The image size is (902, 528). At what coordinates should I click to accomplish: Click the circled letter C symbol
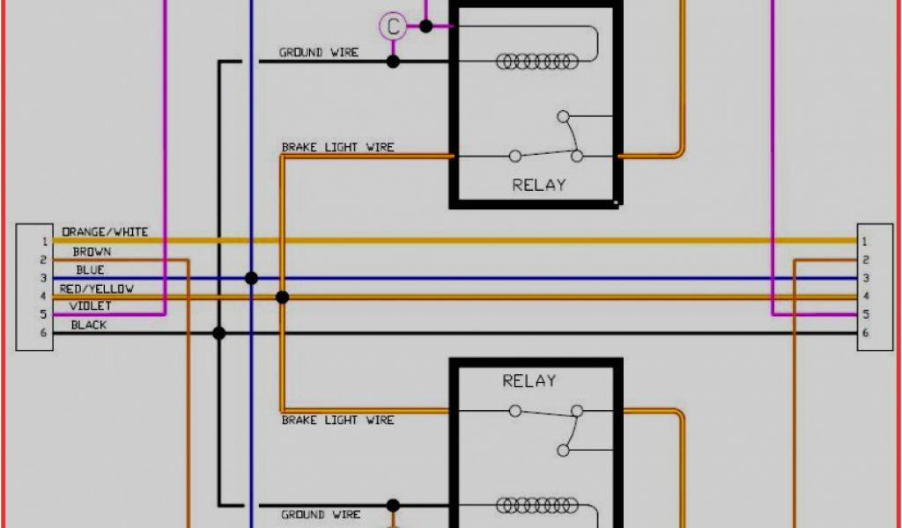[x=393, y=26]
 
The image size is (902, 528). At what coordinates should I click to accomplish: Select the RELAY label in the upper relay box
[x=538, y=185]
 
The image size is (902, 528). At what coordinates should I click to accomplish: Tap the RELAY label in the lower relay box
[x=529, y=381]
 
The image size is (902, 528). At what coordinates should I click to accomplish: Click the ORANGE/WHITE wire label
[x=105, y=232]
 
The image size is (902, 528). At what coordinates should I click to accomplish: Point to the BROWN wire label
[x=92, y=253]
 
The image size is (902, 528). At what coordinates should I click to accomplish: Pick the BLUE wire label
[x=90, y=270]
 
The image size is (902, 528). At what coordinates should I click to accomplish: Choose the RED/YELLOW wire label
[x=97, y=289]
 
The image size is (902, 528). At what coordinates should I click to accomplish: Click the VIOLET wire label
[x=90, y=306]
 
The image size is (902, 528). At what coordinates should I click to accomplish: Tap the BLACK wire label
[x=88, y=325]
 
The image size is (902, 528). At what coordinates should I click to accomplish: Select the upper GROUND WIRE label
[x=319, y=53]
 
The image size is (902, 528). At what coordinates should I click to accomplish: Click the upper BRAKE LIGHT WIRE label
[x=337, y=147]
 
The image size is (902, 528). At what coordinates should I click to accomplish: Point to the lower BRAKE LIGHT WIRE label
[x=337, y=421]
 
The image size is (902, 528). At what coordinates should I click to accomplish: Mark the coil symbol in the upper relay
[x=537, y=62]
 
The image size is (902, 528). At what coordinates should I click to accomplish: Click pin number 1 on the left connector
[x=42, y=241]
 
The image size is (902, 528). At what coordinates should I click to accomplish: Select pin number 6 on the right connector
[x=865, y=333]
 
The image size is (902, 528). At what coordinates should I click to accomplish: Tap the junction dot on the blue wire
[x=251, y=278]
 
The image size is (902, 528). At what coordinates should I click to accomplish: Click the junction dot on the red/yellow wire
[x=282, y=297]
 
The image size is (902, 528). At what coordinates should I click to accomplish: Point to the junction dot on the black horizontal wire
[x=219, y=333]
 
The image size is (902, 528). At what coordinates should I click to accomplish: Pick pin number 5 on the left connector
[x=42, y=314]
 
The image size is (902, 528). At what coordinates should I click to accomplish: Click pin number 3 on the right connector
[x=865, y=278]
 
